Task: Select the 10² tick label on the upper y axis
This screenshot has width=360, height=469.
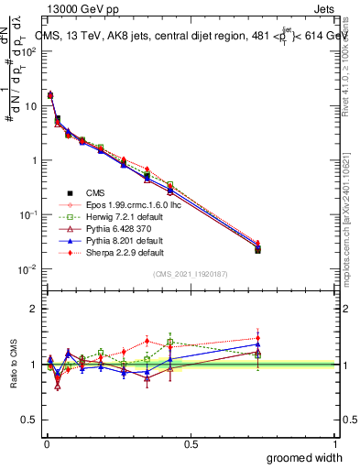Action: coord(30,51)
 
